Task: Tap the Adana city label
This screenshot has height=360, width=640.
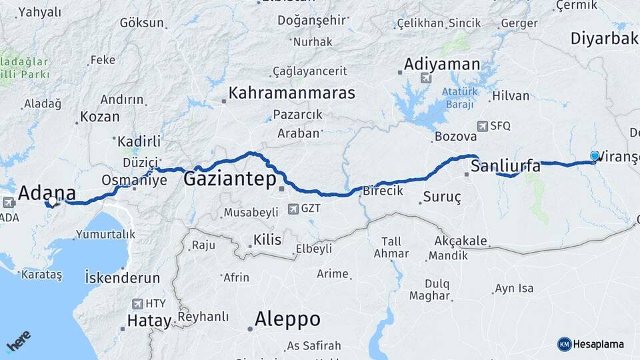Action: click(x=46, y=193)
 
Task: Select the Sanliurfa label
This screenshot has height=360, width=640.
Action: click(x=505, y=166)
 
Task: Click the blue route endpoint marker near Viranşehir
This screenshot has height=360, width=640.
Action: click(x=595, y=156)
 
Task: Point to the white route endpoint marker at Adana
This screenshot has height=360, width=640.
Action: click(x=52, y=201)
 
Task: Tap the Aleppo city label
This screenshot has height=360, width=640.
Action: click(x=287, y=319)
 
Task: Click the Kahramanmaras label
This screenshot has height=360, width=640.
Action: click(x=291, y=93)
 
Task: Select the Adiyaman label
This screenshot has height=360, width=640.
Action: click(x=442, y=65)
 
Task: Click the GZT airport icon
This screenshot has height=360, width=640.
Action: click(x=293, y=209)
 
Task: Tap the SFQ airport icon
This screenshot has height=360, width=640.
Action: click(x=483, y=126)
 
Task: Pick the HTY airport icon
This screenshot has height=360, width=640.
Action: click(x=138, y=304)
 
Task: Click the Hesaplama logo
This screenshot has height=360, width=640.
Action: click(x=591, y=344)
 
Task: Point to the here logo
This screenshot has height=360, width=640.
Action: click(x=18, y=341)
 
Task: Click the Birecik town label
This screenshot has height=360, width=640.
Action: click(x=383, y=191)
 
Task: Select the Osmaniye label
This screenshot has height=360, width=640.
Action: click(x=134, y=180)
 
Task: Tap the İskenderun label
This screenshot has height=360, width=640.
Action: click(x=122, y=277)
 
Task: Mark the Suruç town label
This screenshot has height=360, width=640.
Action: click(x=441, y=197)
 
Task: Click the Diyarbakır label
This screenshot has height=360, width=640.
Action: click(x=604, y=39)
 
